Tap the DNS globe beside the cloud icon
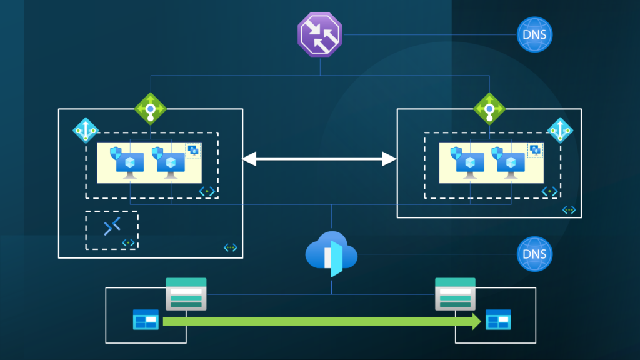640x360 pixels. click(x=536, y=254)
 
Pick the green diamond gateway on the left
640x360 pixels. click(x=150, y=108)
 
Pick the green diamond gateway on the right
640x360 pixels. click(x=489, y=108)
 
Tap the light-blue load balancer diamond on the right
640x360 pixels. click(x=560, y=129)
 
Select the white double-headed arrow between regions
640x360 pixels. click(x=319, y=160)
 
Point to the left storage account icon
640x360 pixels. click(x=186, y=294)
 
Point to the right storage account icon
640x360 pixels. click(x=455, y=294)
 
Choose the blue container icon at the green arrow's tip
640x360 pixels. click(x=499, y=320)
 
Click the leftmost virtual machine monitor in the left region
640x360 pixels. click(x=129, y=164)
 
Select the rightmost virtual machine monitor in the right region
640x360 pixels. click(x=511, y=164)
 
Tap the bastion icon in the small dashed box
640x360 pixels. click(x=112, y=227)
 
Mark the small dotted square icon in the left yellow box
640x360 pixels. click(x=194, y=150)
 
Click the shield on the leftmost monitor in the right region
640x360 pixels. click(x=457, y=152)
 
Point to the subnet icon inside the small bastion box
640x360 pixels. click(x=128, y=242)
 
